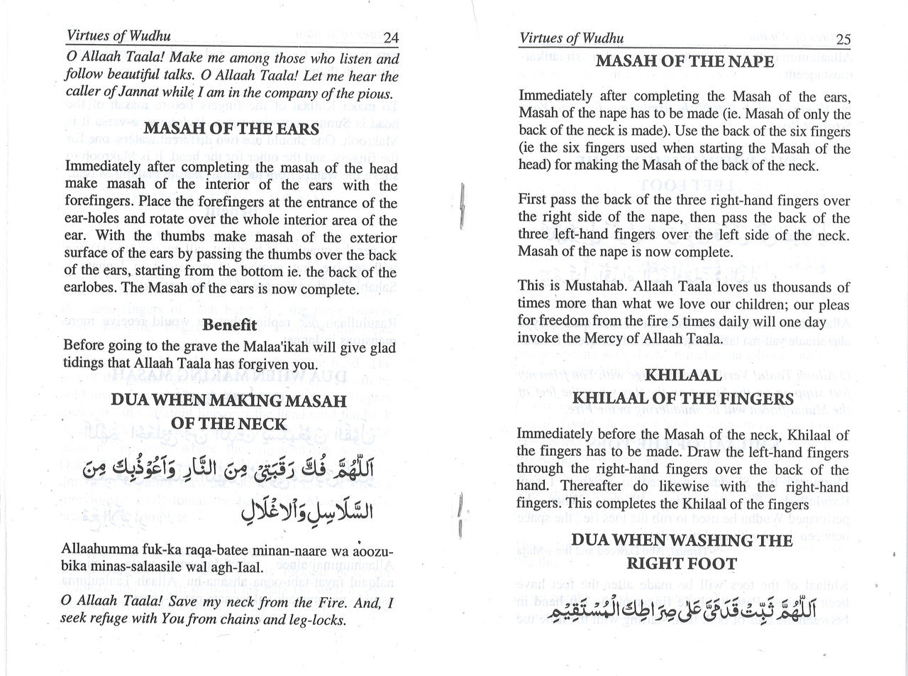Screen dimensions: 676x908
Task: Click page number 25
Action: pyautogui.click(x=843, y=38)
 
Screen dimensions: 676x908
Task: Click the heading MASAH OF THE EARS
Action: pyautogui.click(x=231, y=129)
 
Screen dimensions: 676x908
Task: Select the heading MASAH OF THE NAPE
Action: pyautogui.click(x=684, y=61)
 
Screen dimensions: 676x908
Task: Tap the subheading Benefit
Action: pyautogui.click(x=229, y=325)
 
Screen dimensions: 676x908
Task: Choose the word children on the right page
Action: pyautogui.click(x=717, y=305)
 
